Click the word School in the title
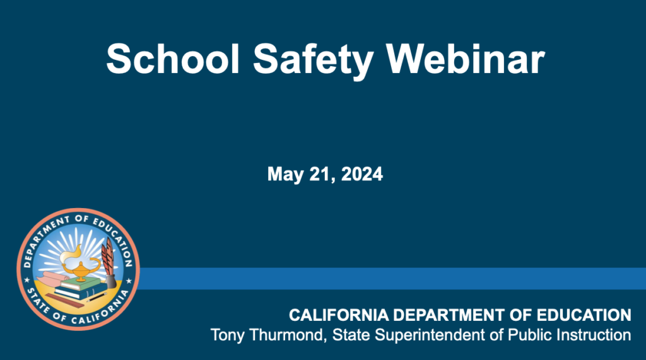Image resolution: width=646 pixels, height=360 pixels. pos(173,59)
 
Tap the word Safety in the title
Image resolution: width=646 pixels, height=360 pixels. pos(313,61)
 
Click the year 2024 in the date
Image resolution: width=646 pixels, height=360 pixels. pos(362,174)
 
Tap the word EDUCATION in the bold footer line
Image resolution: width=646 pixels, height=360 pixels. pos(584,315)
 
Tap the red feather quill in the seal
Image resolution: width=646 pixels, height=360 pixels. pos(107,257)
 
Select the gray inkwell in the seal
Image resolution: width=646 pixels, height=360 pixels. pos(111,282)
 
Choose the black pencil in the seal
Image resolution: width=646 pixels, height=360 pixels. pos(97,297)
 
